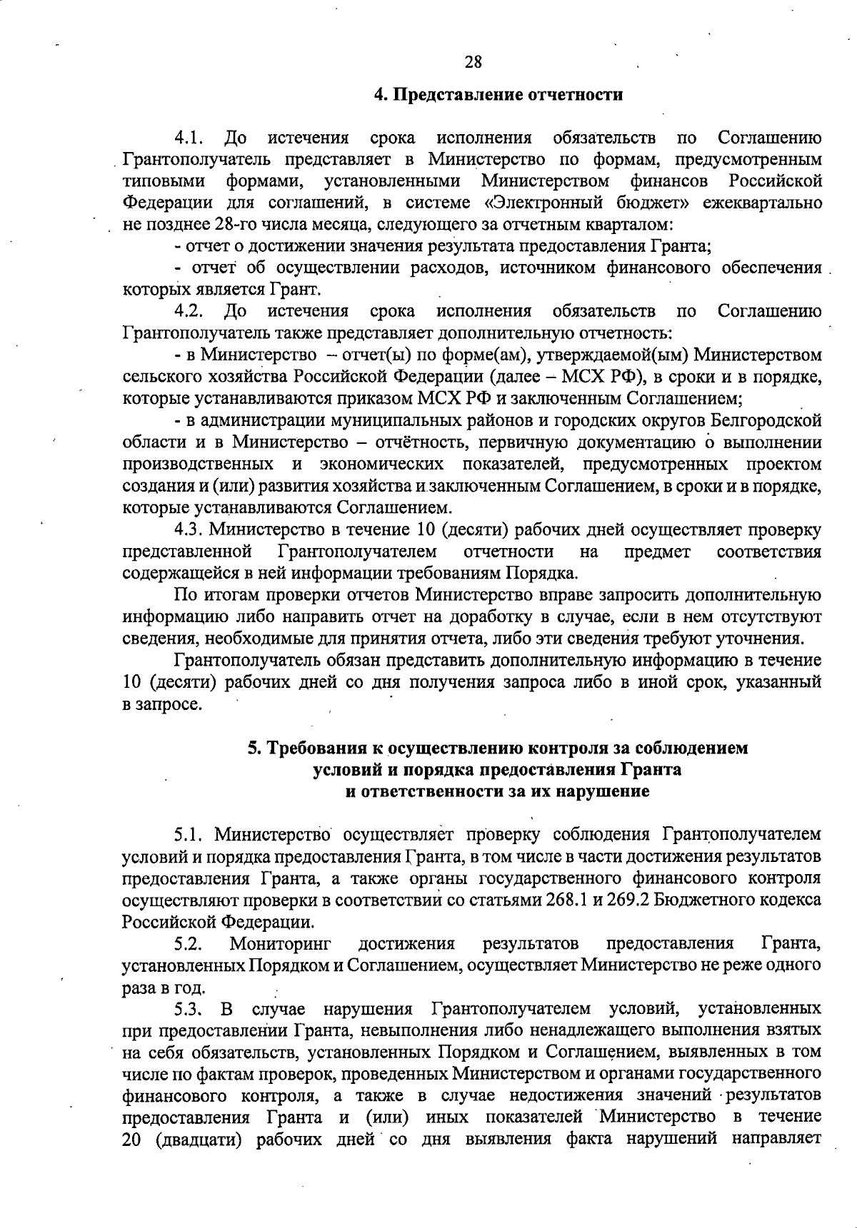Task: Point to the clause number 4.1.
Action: (190, 138)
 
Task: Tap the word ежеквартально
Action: (762, 203)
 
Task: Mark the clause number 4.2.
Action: (190, 311)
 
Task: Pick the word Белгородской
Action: (766, 420)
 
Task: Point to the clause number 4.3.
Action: (190, 530)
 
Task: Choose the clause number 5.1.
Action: (190, 835)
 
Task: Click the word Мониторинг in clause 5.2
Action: (280, 944)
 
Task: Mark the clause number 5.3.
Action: (190, 1009)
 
